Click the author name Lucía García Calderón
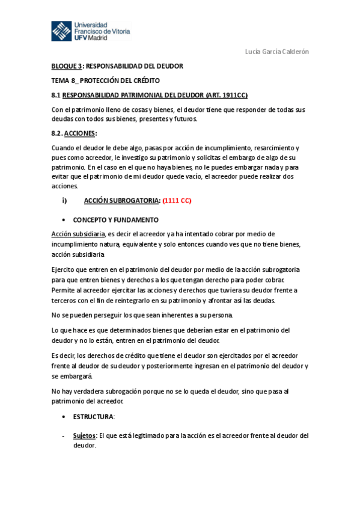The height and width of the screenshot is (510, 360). [277, 52]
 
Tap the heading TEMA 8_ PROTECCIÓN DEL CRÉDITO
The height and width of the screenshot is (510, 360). [105, 80]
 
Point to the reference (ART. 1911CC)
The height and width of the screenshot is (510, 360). [225, 95]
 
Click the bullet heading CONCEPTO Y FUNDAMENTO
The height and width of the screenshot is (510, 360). [116, 220]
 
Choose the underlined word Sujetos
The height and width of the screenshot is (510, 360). [84, 435]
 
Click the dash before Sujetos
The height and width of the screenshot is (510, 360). [63, 435]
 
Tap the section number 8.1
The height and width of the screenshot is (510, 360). [56, 95]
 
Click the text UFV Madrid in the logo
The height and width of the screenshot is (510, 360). [91, 38]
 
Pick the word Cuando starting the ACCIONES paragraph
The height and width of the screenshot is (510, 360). [64, 148]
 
